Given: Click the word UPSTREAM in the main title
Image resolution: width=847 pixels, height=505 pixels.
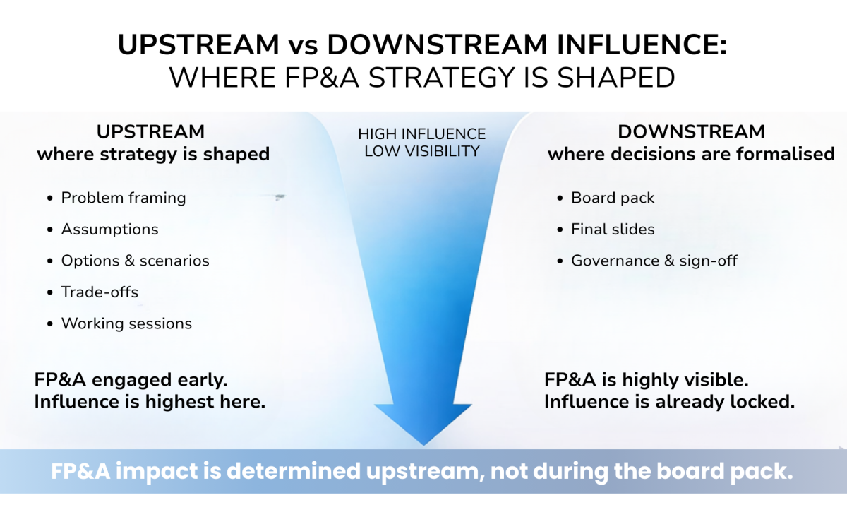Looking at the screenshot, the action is tap(198, 44).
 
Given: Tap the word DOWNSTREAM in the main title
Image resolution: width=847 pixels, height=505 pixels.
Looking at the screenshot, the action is tap(437, 44).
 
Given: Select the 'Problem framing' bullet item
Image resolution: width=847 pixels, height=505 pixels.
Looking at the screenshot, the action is tap(124, 198).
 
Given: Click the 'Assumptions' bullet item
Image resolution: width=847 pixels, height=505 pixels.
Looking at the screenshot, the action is tap(109, 230).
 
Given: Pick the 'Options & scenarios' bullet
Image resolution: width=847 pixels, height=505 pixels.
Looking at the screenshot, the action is tap(136, 261).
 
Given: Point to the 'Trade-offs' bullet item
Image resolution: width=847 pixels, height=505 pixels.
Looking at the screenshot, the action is tap(100, 292).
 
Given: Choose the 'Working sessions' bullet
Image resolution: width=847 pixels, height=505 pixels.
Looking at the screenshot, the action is tap(126, 323).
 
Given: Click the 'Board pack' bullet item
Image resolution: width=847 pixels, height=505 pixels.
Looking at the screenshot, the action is tap(613, 198).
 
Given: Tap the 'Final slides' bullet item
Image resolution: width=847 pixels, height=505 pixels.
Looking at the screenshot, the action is tap(613, 230).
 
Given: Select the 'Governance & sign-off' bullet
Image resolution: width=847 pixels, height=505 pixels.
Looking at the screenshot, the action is tap(654, 261).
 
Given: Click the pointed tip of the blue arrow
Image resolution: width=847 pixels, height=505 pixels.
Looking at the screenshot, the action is tap(424, 445).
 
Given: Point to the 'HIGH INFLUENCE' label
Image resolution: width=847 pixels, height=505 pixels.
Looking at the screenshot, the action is tap(421, 134).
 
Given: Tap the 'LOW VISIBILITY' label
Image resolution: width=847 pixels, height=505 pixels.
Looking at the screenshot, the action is tap(421, 151).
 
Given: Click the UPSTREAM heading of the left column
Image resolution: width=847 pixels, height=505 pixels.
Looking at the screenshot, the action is tap(150, 132).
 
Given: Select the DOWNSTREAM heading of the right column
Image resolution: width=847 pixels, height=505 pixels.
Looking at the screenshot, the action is tap(691, 132).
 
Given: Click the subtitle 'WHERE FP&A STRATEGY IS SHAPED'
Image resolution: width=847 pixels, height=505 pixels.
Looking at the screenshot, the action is tap(422, 78).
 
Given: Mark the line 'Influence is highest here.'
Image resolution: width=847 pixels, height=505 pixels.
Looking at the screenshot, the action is tap(150, 402).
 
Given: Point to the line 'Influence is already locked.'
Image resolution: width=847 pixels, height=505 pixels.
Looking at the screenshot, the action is tap(669, 402).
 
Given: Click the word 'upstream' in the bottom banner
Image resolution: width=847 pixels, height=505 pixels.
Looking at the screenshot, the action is tap(426, 472).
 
